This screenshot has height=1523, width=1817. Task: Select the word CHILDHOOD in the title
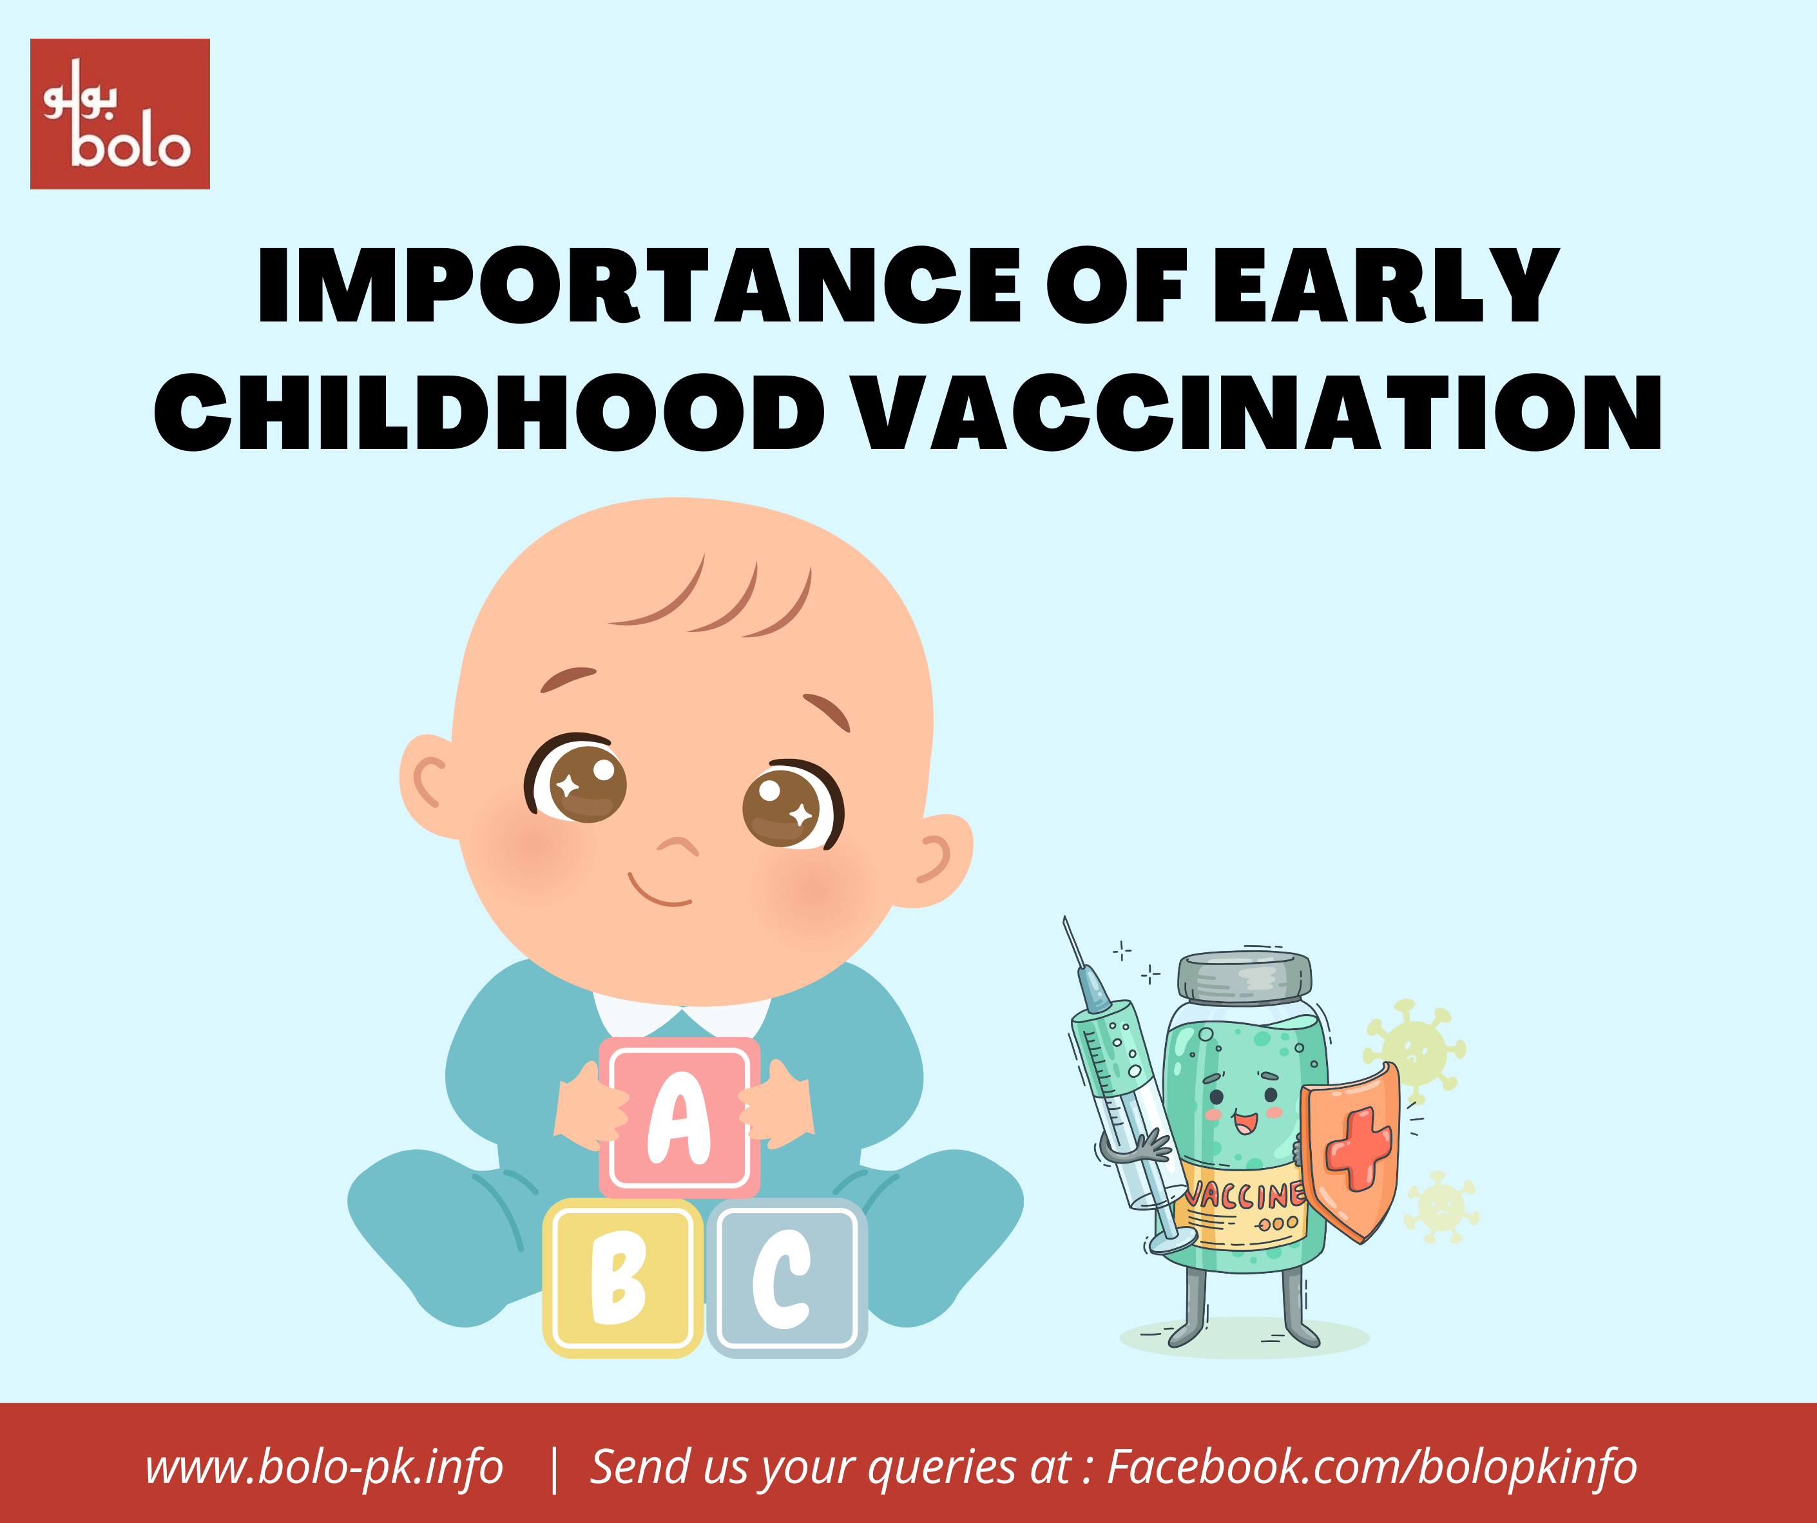pos(490,413)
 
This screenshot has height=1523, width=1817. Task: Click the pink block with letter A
pos(679,1117)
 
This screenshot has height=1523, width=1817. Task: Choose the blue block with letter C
pos(787,1278)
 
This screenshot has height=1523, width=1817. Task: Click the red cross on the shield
pos(1360,1148)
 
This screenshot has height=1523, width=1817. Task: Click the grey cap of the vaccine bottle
pos(1244,976)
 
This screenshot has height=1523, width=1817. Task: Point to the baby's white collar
pos(682,1011)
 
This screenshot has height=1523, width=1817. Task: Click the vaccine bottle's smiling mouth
pos(1245,1123)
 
